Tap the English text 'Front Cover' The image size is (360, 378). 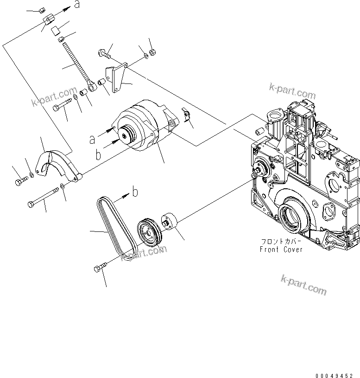[281, 249]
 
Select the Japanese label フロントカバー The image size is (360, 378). [281, 242]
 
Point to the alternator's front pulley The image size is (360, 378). [126, 135]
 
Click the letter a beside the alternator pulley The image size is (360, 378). [93, 138]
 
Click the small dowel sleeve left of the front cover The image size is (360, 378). [259, 132]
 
